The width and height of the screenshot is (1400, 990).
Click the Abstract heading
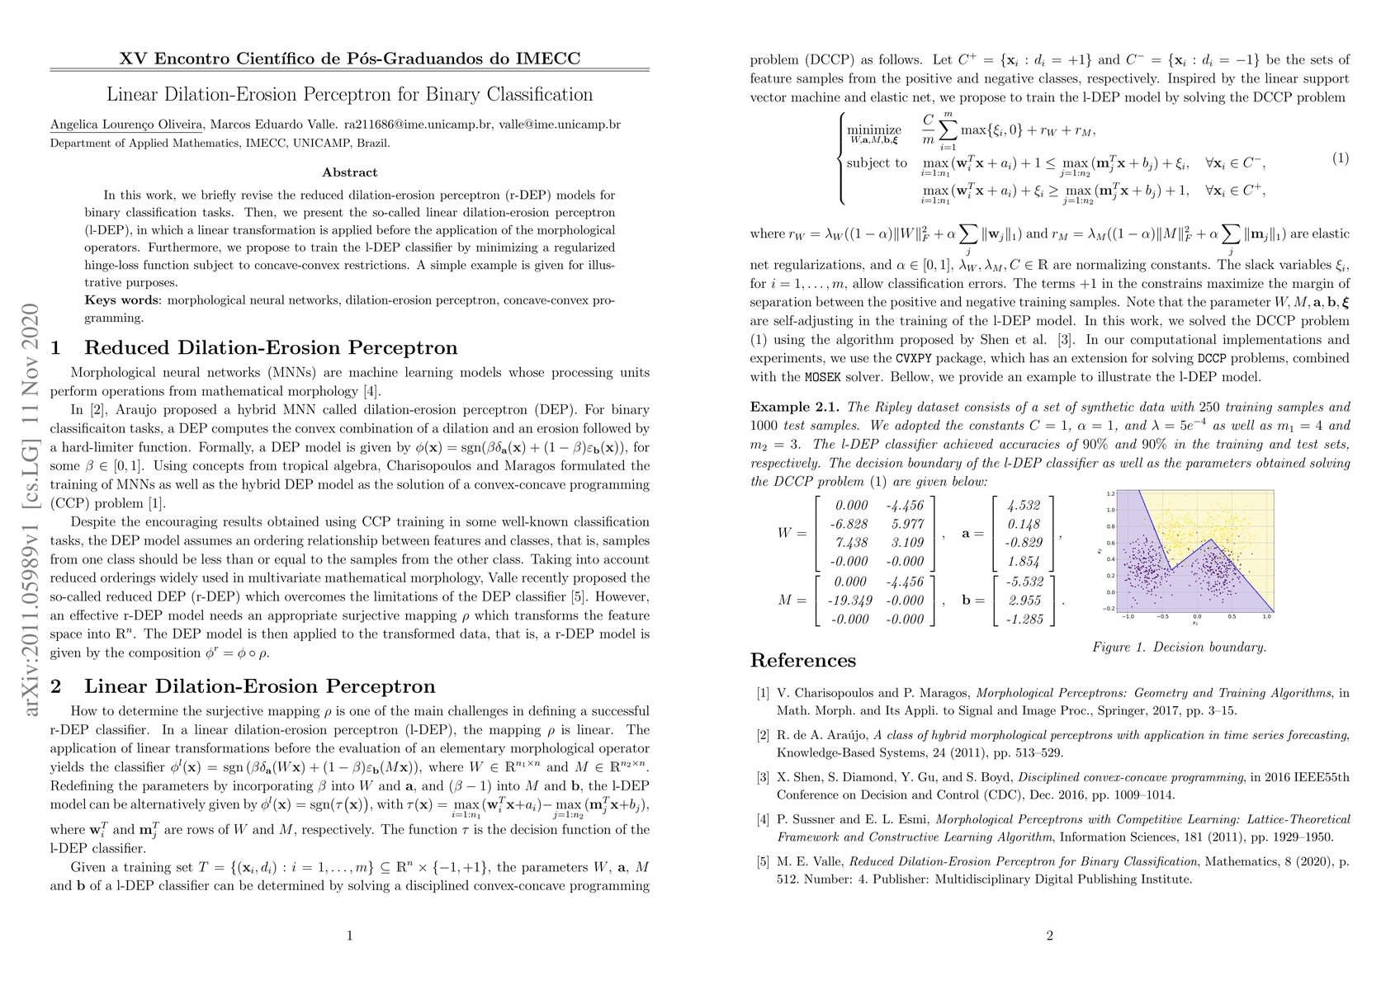pos(350,172)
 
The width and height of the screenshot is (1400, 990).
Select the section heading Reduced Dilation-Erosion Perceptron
pos(271,348)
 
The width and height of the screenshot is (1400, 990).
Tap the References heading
pos(802,660)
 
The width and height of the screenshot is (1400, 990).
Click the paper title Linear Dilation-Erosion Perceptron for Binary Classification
pos(350,94)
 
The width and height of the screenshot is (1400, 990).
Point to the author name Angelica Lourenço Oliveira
pos(126,125)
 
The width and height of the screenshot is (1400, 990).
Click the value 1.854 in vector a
pos(1024,562)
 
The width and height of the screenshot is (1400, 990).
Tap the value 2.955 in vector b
pos(1024,601)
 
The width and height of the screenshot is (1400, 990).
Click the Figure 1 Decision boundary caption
pos(1179,647)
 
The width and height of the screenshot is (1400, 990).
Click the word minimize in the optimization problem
pos(874,130)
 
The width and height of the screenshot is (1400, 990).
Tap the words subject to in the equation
pos(877,163)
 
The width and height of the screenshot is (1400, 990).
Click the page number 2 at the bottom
pos(1049,936)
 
